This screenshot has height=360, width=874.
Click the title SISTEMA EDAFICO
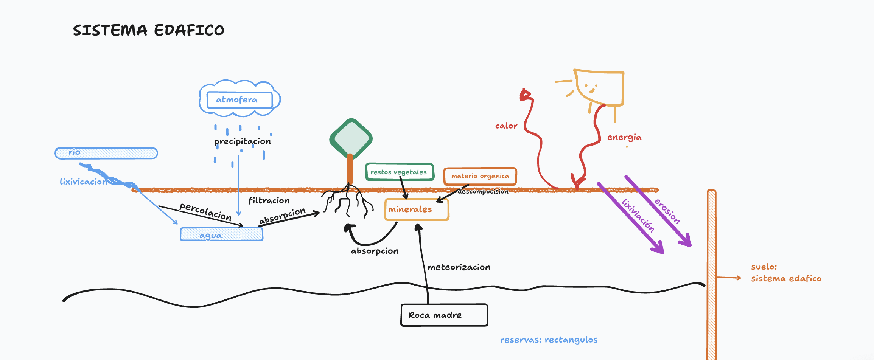[x=148, y=30]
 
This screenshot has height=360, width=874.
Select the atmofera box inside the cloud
[x=239, y=100]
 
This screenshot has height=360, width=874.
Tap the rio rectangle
[x=106, y=153]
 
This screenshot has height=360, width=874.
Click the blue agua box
[x=221, y=234]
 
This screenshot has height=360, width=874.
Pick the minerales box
[x=417, y=209]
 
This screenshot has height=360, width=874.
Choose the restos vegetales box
[x=400, y=172]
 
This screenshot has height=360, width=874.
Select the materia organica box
[x=480, y=176]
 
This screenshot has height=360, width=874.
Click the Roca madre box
[x=444, y=315]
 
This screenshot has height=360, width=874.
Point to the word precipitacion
[x=243, y=141]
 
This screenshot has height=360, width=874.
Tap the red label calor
[x=506, y=126]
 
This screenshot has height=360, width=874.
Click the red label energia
[x=624, y=137]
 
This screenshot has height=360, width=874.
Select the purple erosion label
[x=667, y=211]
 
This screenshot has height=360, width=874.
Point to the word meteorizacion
[x=459, y=267]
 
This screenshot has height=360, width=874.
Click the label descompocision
[x=483, y=191]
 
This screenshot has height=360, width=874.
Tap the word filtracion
[x=269, y=200]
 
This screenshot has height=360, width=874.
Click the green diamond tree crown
[x=351, y=139]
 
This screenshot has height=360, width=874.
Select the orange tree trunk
[x=350, y=169]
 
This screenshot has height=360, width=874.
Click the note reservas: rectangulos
[x=549, y=340]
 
